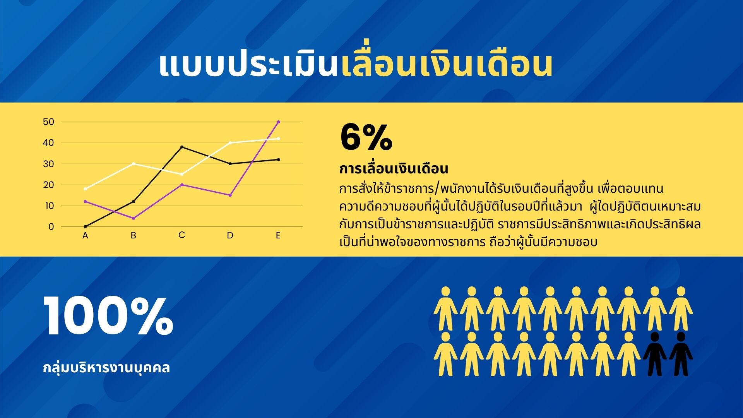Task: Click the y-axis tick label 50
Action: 48,122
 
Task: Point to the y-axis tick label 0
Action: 51,227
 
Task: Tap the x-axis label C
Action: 182,235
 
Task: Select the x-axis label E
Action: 278,235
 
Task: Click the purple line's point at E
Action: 278,122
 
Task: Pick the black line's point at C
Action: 182,147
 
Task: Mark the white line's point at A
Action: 85,189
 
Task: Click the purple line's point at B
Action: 134,218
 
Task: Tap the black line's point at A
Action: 85,227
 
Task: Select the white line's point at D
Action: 230,143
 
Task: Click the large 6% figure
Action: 366,137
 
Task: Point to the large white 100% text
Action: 108,316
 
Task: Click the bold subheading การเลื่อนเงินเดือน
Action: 394,169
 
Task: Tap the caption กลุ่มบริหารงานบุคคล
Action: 106,368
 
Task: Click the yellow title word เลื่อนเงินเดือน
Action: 447,65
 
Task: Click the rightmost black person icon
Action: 681,354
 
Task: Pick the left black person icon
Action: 655,354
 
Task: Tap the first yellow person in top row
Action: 445,308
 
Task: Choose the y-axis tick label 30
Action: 48,164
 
